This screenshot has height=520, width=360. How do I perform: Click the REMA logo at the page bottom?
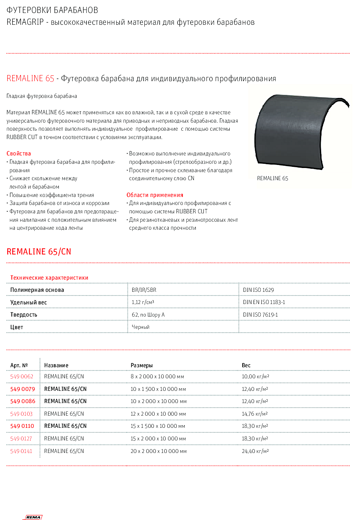[34, 517]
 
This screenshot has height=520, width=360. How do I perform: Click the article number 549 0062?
[22, 376]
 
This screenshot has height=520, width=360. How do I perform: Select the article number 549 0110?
[22, 426]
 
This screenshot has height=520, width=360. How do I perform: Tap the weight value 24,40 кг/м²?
[255, 451]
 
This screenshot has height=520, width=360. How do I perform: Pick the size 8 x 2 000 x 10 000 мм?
[157, 376]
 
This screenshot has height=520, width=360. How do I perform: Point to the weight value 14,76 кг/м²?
[255, 414]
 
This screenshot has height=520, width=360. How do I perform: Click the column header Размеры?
[142, 365]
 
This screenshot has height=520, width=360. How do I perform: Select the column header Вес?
[246, 365]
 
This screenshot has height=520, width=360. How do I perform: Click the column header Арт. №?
[19, 365]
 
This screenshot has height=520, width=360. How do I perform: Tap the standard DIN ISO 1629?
[258, 290]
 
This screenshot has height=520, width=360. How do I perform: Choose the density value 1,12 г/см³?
[143, 302]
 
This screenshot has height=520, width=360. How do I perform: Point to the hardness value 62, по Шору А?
[148, 315]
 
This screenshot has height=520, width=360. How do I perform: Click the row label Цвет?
[17, 327]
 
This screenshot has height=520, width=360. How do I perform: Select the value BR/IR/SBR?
[144, 290]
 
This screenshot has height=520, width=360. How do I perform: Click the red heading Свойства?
[19, 154]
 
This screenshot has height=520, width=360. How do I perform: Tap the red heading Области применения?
[155, 195]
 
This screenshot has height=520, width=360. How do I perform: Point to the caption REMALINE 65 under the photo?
[272, 178]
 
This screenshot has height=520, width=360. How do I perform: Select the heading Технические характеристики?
[49, 278]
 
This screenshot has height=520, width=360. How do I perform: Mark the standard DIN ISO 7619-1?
[261, 315]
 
